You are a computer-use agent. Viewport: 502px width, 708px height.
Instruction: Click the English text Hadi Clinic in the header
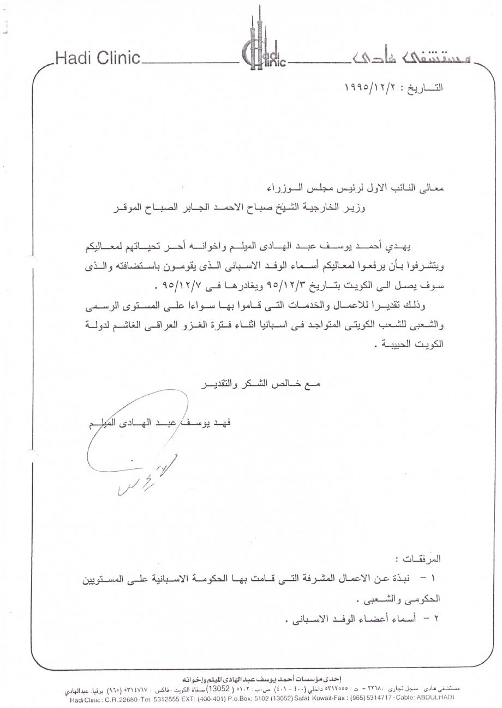click(x=98, y=58)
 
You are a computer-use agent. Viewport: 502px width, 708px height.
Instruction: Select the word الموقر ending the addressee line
click(x=124, y=207)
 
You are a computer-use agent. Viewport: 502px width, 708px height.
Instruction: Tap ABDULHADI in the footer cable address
click(x=435, y=698)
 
